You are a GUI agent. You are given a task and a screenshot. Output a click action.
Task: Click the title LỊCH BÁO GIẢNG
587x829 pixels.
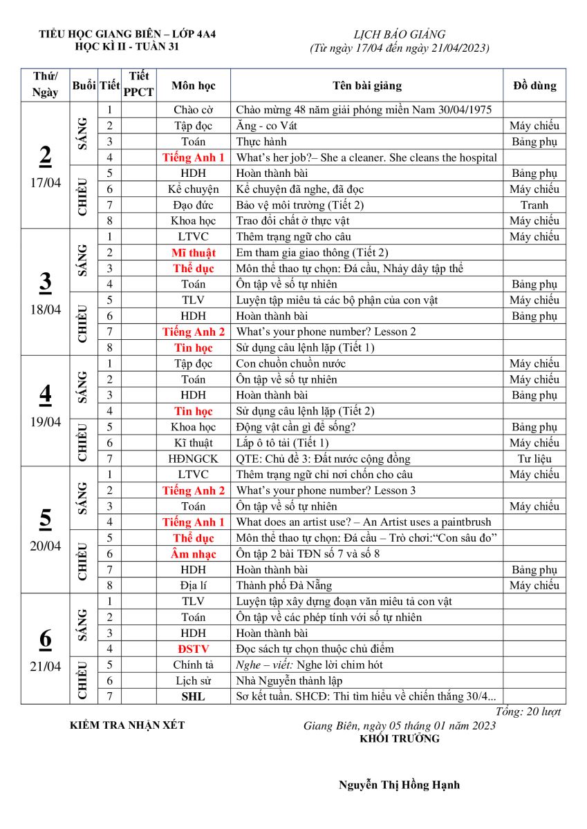(x=400, y=35)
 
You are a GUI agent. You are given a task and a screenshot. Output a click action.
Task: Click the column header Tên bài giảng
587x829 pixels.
(x=366, y=86)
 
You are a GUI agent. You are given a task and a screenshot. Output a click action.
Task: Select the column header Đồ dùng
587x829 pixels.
(x=534, y=86)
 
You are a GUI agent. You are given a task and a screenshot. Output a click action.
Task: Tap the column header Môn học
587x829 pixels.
(x=194, y=86)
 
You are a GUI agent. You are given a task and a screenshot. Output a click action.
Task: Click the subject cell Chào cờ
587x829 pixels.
(x=194, y=110)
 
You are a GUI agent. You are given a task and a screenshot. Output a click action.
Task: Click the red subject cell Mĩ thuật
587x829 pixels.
(x=194, y=253)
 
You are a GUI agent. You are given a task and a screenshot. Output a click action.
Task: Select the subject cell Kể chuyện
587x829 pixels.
(x=194, y=189)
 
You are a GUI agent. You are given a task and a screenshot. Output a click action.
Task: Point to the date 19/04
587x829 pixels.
(x=45, y=422)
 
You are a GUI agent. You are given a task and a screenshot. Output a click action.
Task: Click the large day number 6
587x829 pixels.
(x=45, y=639)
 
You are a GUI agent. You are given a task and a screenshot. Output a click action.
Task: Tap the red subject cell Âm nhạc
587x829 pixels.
(x=194, y=554)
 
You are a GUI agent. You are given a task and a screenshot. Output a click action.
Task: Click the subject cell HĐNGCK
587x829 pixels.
(x=194, y=459)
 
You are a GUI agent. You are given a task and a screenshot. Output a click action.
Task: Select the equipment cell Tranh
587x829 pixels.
(x=534, y=205)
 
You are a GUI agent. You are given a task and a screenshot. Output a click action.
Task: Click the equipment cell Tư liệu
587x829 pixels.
(x=534, y=459)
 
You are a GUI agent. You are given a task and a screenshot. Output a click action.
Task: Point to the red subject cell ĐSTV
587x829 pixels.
(x=194, y=649)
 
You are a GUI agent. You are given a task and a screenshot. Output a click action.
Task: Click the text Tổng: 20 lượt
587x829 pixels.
(x=529, y=712)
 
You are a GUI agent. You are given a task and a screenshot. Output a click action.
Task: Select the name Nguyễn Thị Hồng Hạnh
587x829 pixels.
(x=399, y=785)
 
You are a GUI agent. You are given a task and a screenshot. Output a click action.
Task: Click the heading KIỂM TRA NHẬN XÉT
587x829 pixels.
(x=128, y=725)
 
